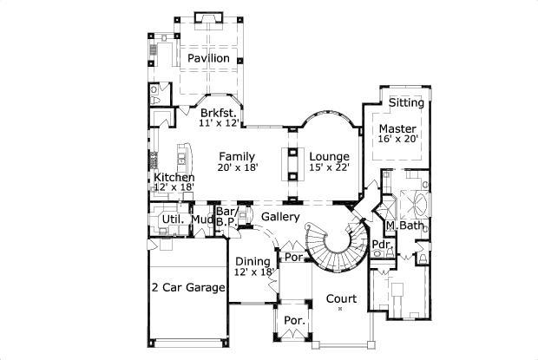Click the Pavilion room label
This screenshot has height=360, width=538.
pyautogui.click(x=208, y=58)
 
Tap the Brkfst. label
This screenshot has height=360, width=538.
pyautogui.click(x=218, y=113)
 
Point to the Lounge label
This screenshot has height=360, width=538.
pyautogui.click(x=329, y=156)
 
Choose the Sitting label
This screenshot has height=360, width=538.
pyautogui.click(x=406, y=102)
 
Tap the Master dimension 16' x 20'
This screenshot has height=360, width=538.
pyautogui.click(x=398, y=139)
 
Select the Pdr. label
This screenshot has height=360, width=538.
pyautogui.click(x=380, y=245)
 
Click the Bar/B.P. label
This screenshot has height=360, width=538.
pyautogui.click(x=226, y=218)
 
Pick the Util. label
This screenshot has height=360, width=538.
pyautogui.click(x=172, y=219)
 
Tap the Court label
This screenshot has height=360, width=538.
pyautogui.click(x=341, y=298)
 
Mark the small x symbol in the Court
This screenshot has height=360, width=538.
pyautogui.click(x=341, y=309)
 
